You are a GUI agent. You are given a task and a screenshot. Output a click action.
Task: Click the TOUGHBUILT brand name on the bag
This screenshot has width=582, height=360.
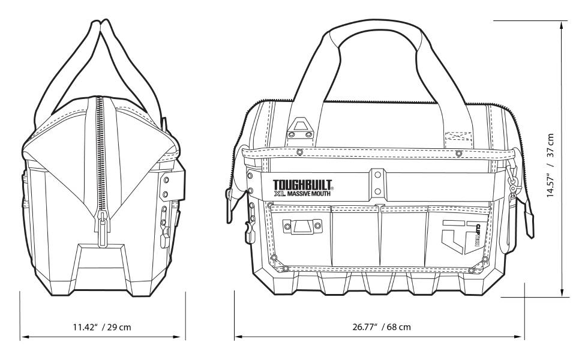(x=302, y=185)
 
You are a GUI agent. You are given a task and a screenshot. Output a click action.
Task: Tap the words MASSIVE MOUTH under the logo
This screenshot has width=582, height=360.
(x=311, y=194)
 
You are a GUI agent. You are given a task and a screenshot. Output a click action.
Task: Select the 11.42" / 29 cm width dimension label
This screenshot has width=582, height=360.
(x=102, y=327)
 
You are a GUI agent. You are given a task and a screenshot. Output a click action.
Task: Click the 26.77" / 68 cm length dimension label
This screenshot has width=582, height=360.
(x=381, y=327)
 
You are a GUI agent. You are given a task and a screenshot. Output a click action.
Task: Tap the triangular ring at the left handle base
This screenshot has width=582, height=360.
(x=300, y=127)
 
